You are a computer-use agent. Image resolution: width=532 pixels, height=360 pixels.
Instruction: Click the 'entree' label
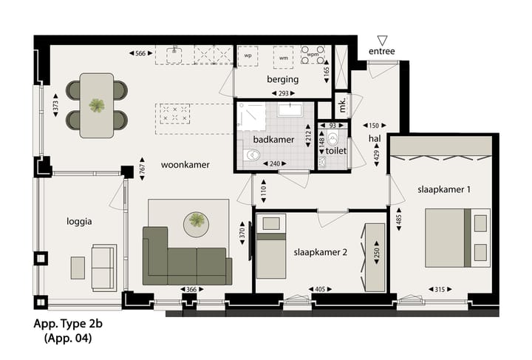pyautogui.click(x=382, y=51)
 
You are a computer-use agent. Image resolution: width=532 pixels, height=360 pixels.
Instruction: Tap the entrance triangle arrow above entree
pyautogui.click(x=382, y=40)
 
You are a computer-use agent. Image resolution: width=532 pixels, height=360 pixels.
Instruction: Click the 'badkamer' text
pyautogui.click(x=273, y=139)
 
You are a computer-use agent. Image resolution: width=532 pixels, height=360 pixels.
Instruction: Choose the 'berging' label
pyautogui.click(x=282, y=79)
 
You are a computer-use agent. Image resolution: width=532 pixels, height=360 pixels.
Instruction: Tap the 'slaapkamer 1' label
pyautogui.click(x=443, y=190)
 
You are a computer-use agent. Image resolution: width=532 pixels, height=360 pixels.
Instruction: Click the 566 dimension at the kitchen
pyautogui.click(x=143, y=52)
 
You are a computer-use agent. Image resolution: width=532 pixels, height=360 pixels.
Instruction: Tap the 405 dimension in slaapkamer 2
pyautogui.click(x=320, y=289)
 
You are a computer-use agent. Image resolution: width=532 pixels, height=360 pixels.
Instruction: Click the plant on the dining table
pyautogui.click(x=97, y=105)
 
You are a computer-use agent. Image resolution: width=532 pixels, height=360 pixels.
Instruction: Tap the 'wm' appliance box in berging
pyautogui.click(x=282, y=57)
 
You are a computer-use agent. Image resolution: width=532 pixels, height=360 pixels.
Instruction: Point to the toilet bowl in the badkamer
pyautogui.click(x=253, y=155)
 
